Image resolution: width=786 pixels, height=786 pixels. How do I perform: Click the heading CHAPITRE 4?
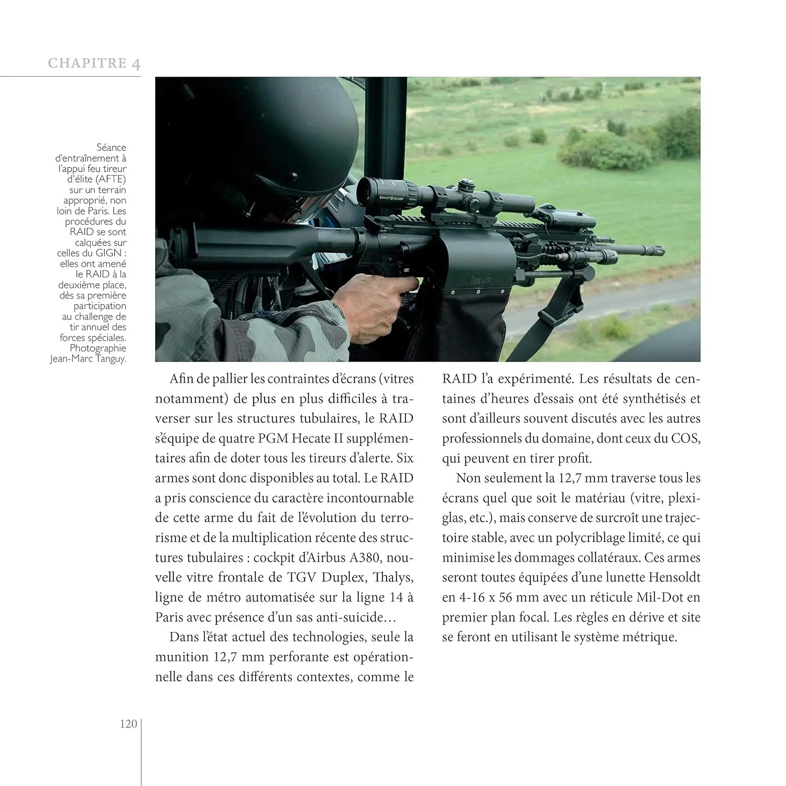coord(94,63)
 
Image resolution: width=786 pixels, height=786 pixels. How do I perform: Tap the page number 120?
coord(128,724)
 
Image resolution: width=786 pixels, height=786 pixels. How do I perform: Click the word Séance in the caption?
coord(111,148)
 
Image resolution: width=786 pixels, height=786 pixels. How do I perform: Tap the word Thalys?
coord(393,577)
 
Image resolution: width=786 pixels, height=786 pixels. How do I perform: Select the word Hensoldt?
coord(674,577)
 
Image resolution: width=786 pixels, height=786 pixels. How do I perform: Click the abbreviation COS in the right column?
coord(685,439)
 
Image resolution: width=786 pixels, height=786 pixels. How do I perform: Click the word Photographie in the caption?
coord(98,348)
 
